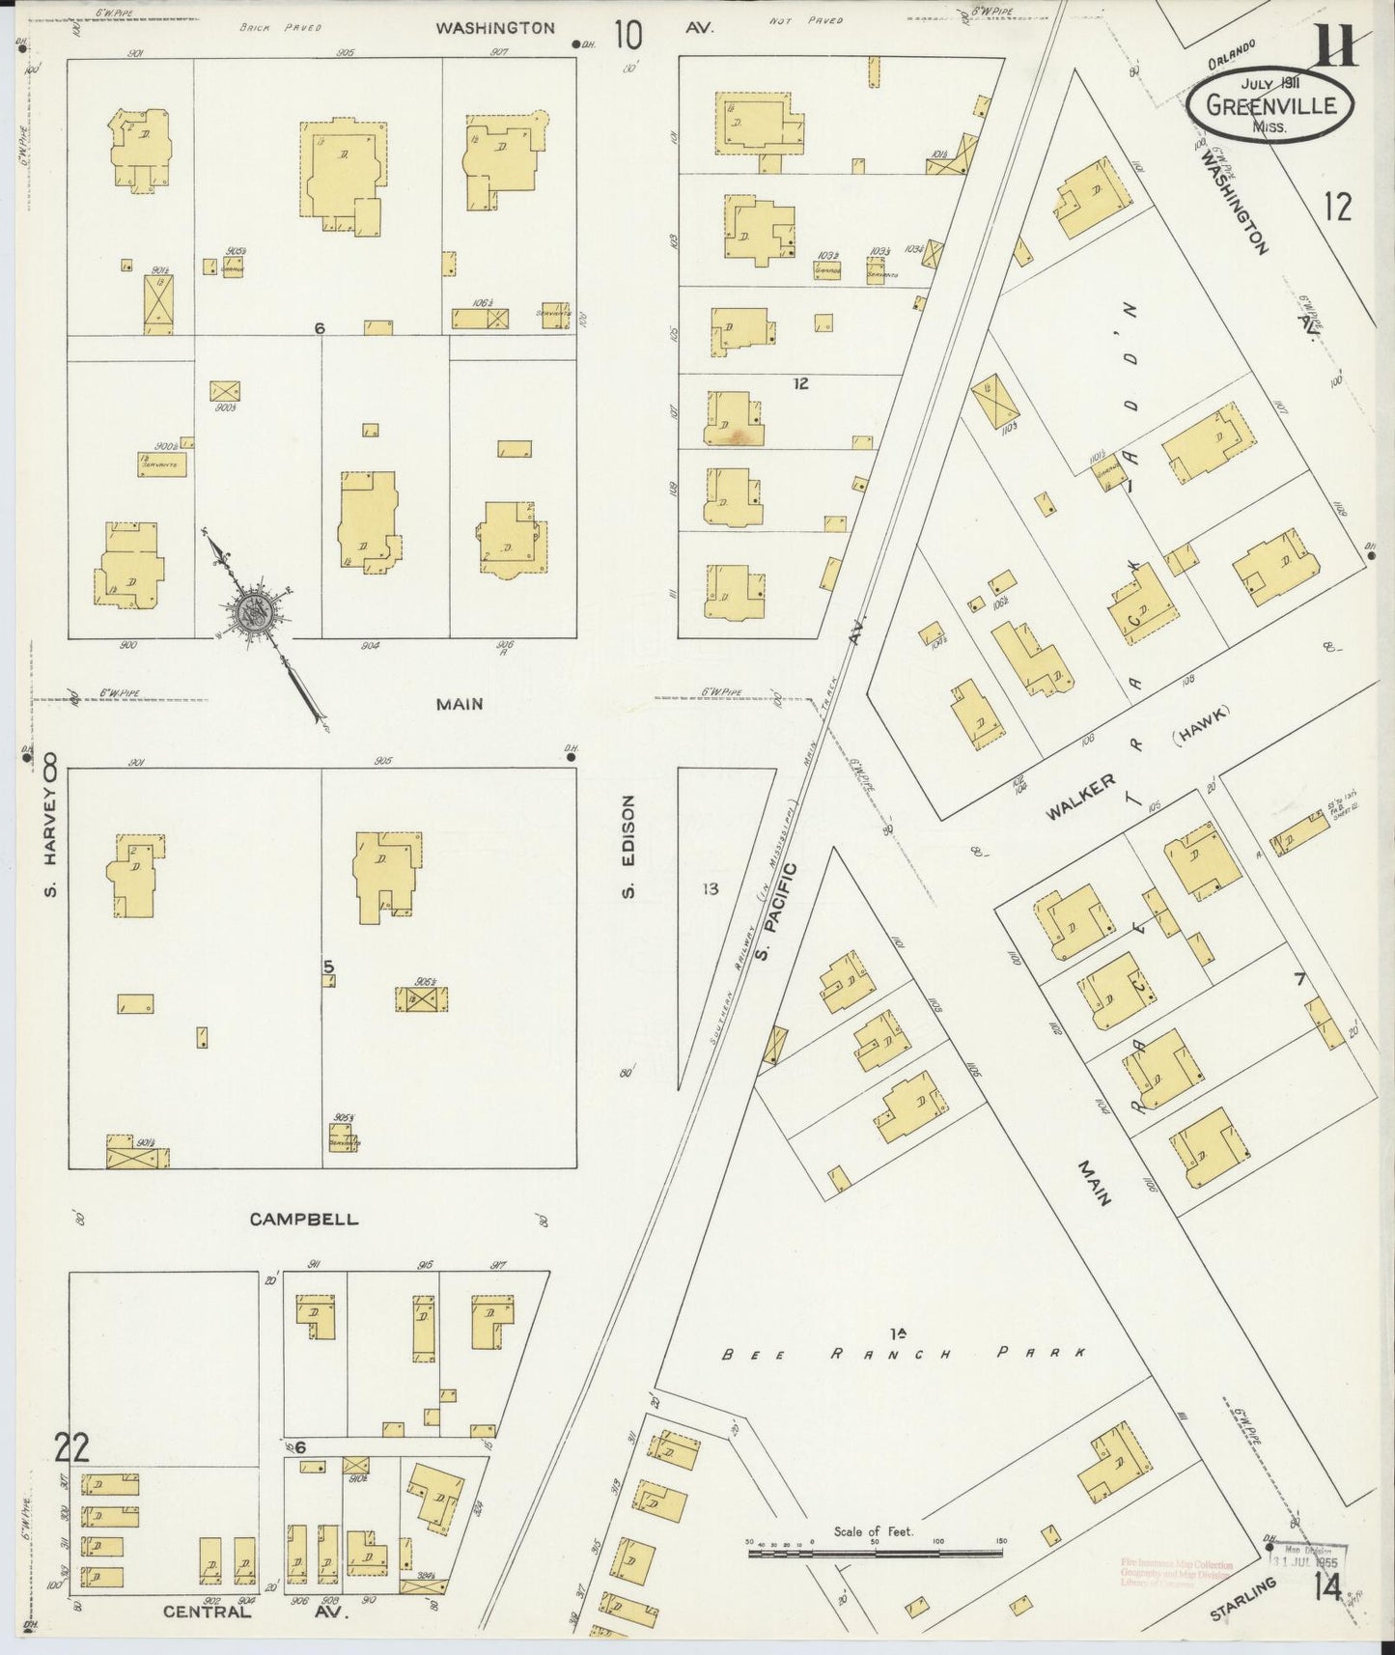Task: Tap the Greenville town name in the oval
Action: click(1269, 106)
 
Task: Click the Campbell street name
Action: click(304, 1219)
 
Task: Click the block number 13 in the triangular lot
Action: click(711, 889)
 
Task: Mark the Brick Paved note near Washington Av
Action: click(280, 28)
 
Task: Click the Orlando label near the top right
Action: click(1231, 54)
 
